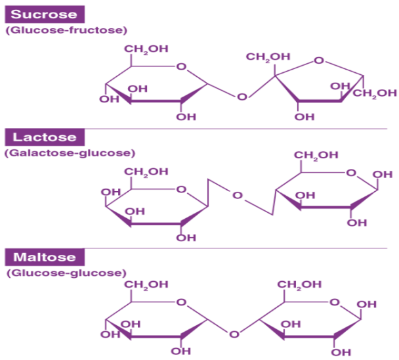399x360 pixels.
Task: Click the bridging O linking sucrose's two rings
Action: point(242,97)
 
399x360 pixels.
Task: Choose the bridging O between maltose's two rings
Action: point(234,334)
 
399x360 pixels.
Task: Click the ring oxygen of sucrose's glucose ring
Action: point(182,66)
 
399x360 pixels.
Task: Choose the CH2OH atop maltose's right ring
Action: point(299,284)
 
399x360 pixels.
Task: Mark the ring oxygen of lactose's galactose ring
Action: point(182,189)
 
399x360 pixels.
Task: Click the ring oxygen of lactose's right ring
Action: point(352,173)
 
